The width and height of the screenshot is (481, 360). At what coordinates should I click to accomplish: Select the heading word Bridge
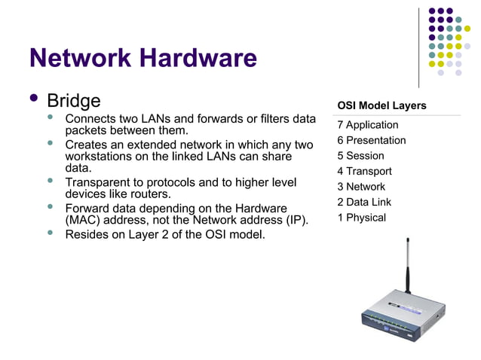[73, 100]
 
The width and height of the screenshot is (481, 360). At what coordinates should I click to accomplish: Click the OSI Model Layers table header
[381, 105]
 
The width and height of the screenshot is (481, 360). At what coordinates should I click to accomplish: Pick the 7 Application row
[368, 125]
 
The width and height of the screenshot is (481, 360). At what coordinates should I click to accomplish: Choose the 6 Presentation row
[372, 140]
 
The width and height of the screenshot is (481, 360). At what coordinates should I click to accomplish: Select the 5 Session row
[360, 156]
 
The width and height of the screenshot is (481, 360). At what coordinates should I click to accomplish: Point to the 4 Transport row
[365, 171]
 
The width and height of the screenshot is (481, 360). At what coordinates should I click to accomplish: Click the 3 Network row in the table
[361, 187]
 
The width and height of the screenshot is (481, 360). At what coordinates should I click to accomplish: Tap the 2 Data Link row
[364, 202]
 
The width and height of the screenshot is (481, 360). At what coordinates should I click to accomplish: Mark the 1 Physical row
[362, 218]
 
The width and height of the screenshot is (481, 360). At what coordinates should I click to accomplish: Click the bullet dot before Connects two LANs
[51, 117]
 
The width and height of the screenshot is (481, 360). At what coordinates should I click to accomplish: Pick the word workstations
[102, 156]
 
